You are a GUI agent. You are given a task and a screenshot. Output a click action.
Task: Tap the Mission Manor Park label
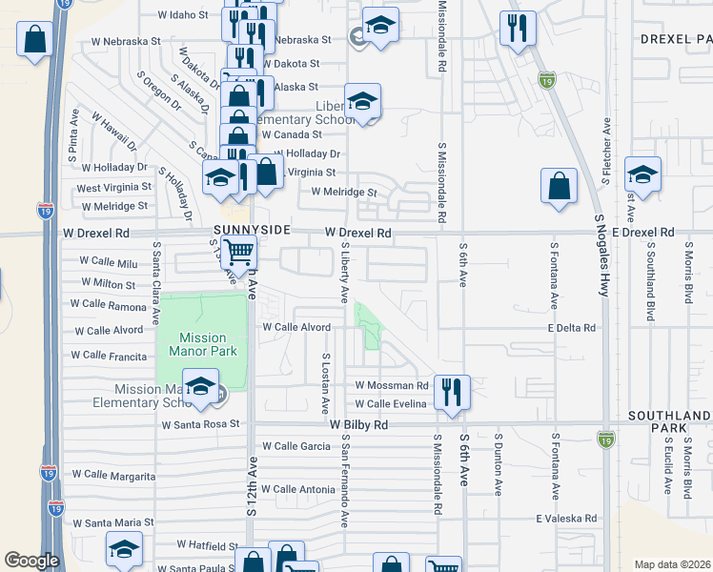point(202,344)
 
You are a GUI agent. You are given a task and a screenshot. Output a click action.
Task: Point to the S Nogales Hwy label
point(601,256)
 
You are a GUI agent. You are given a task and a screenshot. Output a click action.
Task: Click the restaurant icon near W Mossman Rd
point(451,392)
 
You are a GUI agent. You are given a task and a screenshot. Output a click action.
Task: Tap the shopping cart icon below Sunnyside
point(239,253)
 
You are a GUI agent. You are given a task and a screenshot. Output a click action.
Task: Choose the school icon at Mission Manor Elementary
point(200,386)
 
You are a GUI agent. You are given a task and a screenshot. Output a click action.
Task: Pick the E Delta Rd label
point(572,328)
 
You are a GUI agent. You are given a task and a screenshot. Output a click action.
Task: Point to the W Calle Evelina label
point(392,404)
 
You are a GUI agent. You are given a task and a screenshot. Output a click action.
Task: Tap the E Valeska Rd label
point(565,519)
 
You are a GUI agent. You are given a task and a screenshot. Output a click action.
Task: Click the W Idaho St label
point(182,15)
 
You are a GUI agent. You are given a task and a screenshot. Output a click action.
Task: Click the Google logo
point(31,561)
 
